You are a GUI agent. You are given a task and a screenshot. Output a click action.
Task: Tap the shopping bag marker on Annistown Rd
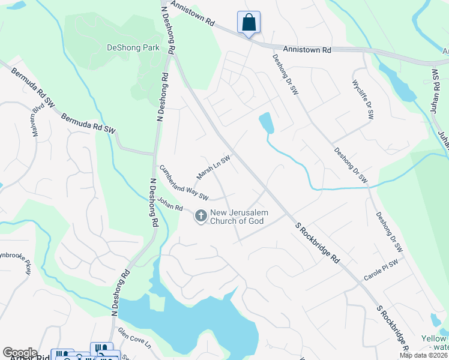pyautogui.click(x=249, y=23)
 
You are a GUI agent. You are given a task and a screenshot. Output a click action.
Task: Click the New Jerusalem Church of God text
pyautogui.click(x=239, y=217)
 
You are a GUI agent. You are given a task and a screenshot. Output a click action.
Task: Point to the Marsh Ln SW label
pyautogui.click(x=213, y=167)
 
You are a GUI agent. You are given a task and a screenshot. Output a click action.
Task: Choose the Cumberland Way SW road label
pyautogui.click(x=184, y=183)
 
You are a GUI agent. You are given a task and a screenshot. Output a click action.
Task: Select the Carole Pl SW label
pyautogui.click(x=381, y=271)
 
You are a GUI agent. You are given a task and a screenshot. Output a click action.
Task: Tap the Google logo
pyautogui.click(x=19, y=353)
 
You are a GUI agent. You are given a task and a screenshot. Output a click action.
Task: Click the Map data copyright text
pyautogui.click(x=423, y=355)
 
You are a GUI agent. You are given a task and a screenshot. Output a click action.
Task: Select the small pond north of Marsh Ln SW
pyautogui.click(x=266, y=123)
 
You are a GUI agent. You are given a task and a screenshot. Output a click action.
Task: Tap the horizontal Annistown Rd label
pyautogui.click(x=307, y=50)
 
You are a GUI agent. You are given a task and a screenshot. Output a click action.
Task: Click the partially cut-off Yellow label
pyautogui.click(x=434, y=339)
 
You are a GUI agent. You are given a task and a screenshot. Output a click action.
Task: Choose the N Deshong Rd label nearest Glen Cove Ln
pyautogui.click(x=120, y=292)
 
